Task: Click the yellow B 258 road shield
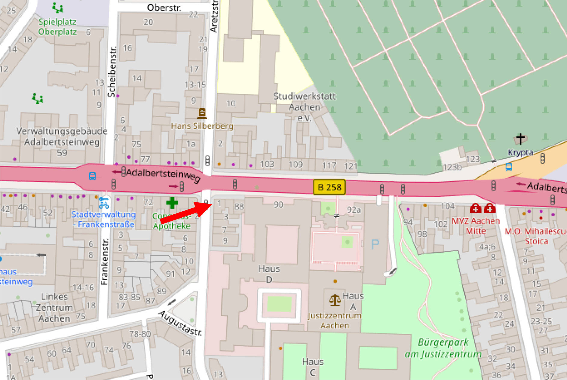329,187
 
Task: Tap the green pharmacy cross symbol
172,203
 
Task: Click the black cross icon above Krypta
520,139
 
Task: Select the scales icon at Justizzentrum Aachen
335,300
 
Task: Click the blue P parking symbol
375,244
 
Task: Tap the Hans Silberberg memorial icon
202,113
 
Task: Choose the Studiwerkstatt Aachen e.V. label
304,107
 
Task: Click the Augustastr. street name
180,323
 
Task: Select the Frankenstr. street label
104,262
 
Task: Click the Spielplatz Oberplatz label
57,27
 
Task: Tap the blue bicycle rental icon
104,203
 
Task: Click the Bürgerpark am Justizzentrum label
443,348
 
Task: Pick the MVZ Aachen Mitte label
476,226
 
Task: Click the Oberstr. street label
164,8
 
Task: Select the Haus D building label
269,274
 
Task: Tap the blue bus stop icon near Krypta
509,167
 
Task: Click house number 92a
354,210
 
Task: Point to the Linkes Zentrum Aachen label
54,308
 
